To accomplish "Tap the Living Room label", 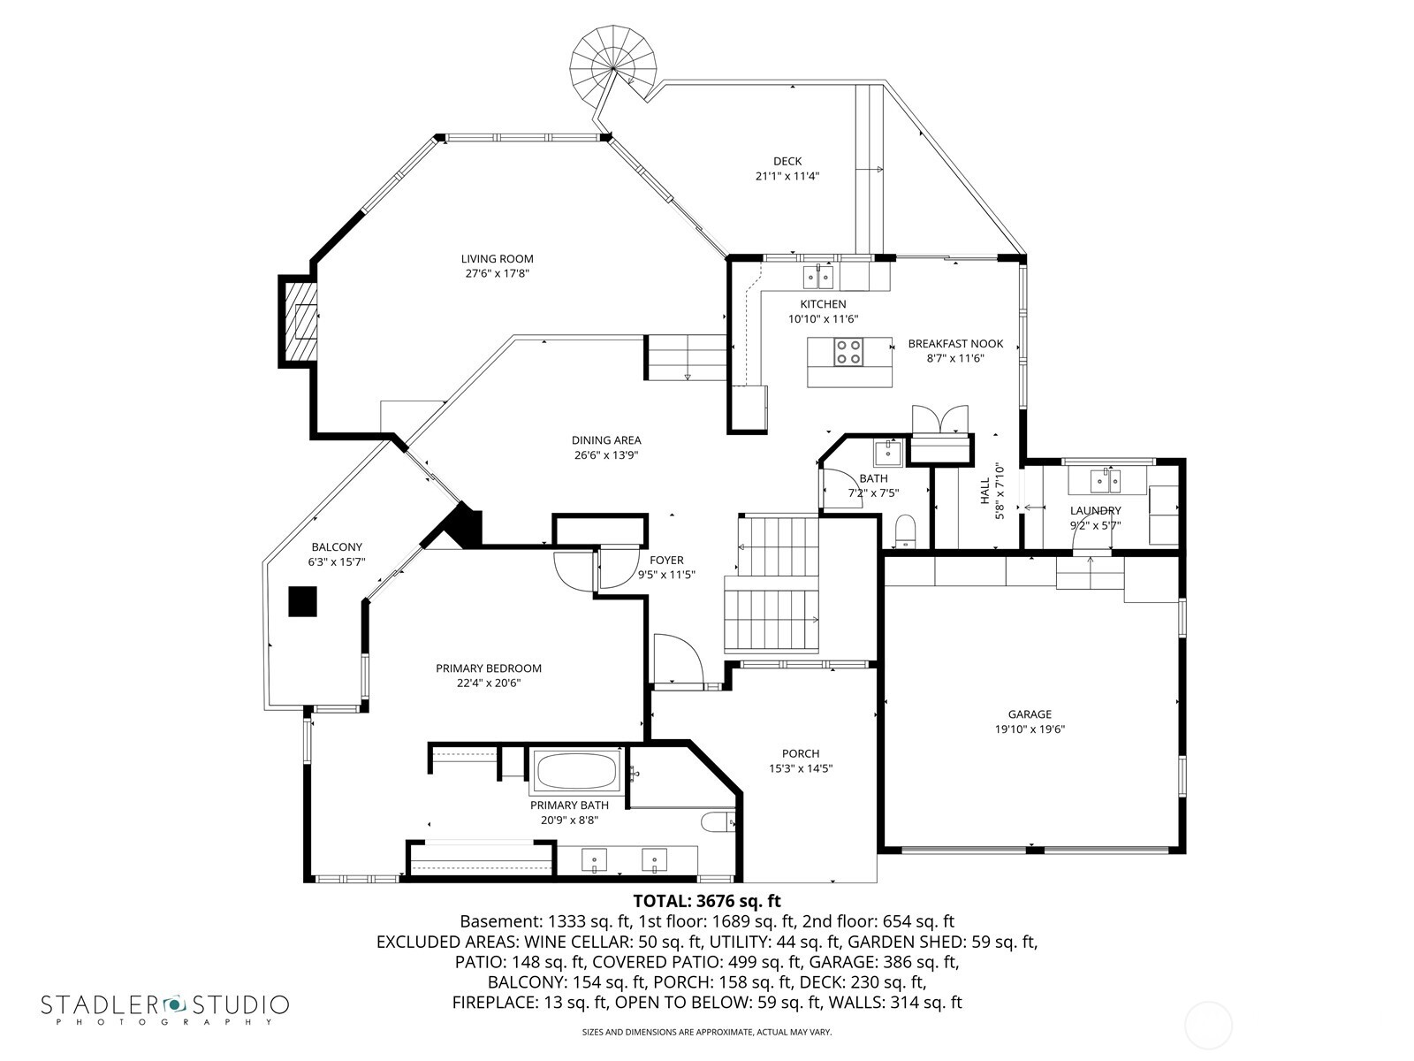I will pos(497,259).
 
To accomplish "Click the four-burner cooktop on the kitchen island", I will pos(849,352).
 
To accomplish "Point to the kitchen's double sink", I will pos(817,279).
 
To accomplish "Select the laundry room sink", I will pos(1106,481).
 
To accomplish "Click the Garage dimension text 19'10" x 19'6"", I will pos(1030,729).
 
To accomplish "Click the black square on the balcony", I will pos(303,601).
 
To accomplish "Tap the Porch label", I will pos(800,754).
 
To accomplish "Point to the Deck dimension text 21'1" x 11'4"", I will pos(787,176).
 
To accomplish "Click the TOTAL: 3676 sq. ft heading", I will pos(707,901).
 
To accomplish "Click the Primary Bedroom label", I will pos(488,668).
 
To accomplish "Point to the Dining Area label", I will pos(605,440).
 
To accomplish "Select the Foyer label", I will pos(666,560).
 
